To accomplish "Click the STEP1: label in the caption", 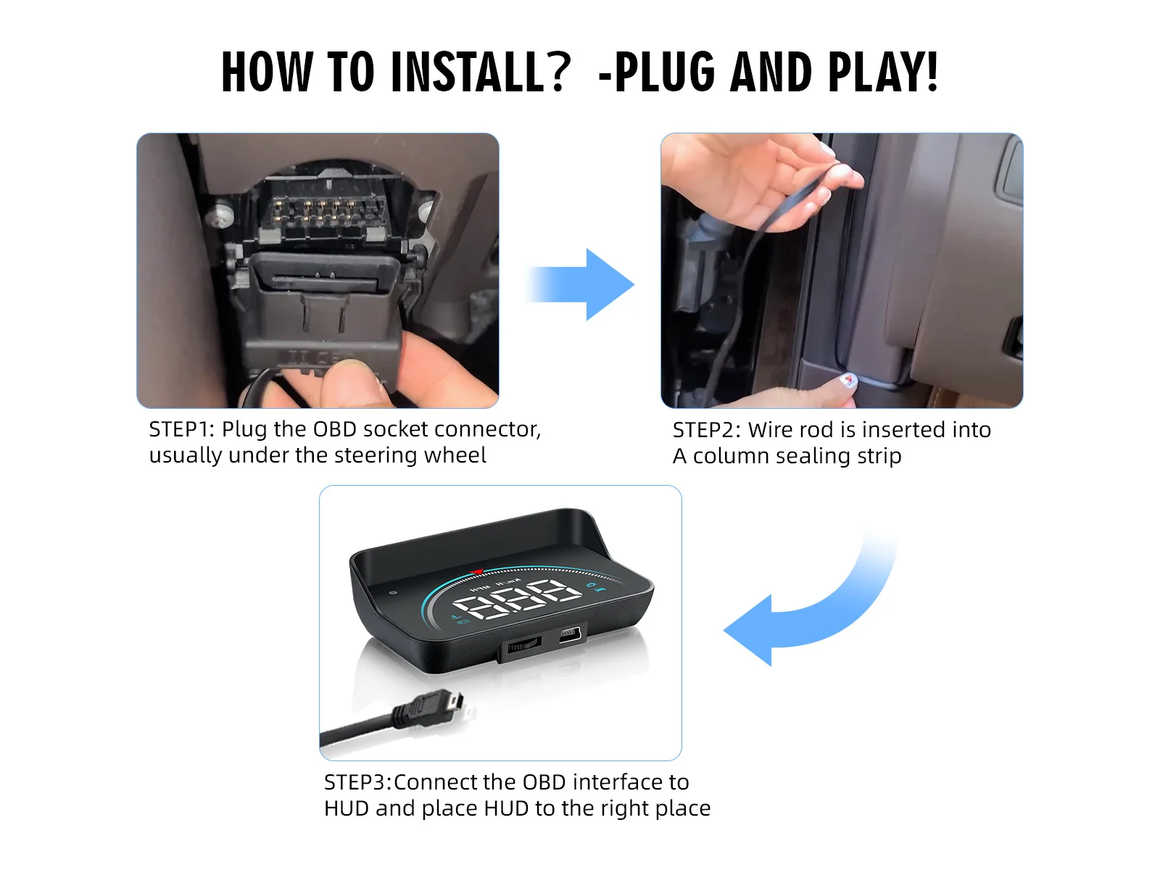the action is pyautogui.click(x=182, y=429).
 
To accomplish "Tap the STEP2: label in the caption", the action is pyautogui.click(x=705, y=429).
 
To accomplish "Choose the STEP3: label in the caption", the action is pyautogui.click(x=357, y=782).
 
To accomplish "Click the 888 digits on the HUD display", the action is pyautogui.click(x=516, y=598).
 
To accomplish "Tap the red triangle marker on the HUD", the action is pyautogui.click(x=476, y=571).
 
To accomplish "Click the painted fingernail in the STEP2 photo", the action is pyautogui.click(x=848, y=380).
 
